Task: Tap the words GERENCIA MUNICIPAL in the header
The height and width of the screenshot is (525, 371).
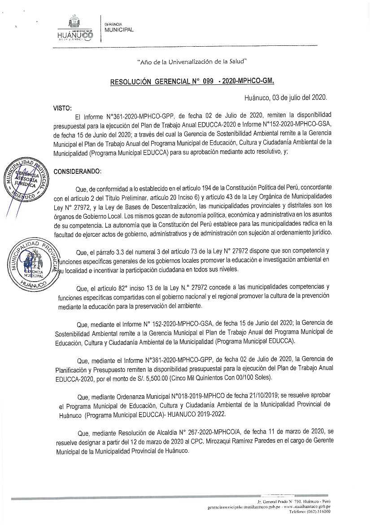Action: click(x=118, y=27)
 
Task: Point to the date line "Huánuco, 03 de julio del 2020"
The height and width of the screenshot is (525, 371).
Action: click(x=286, y=97)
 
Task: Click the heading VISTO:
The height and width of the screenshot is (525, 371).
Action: click(x=62, y=108)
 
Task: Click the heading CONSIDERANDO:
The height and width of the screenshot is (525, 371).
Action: click(x=77, y=171)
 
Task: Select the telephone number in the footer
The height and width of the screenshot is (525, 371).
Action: click(x=319, y=511)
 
